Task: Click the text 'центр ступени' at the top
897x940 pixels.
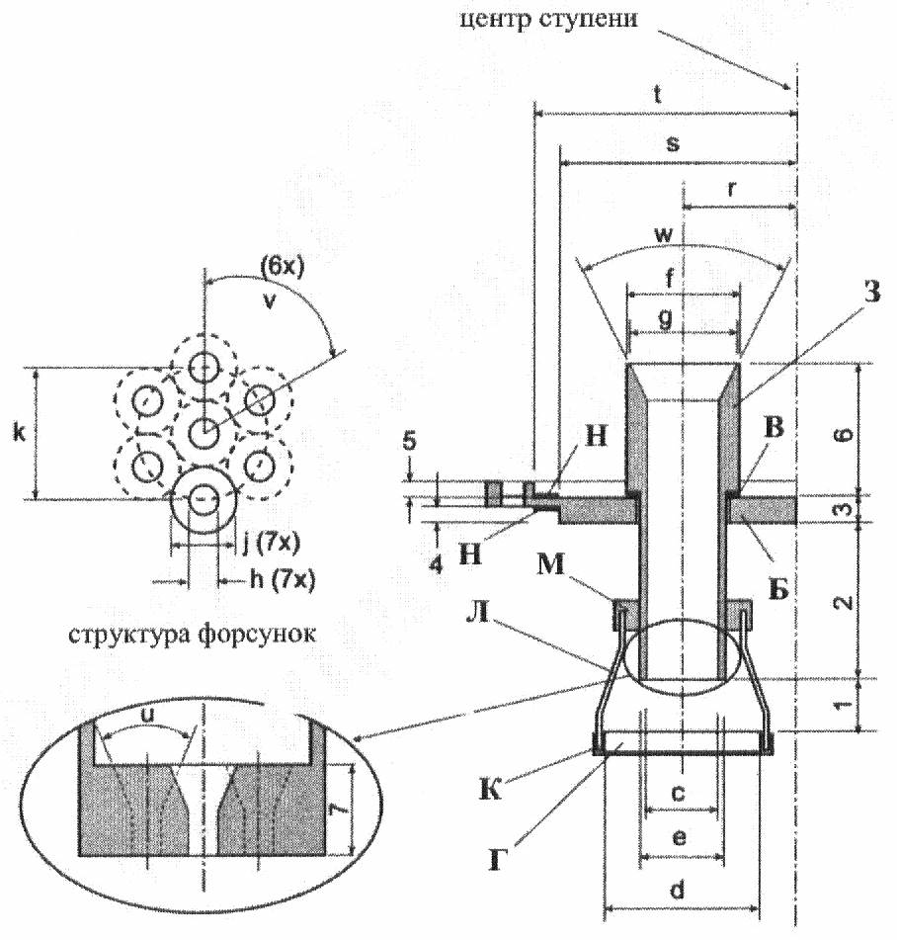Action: point(548,19)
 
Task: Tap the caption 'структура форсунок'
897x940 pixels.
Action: point(192,634)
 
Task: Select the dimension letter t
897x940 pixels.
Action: point(657,95)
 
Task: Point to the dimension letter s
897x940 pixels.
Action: point(673,144)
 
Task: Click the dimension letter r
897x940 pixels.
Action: point(732,189)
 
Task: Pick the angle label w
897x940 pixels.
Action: point(664,234)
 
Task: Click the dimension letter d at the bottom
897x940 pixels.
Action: point(677,890)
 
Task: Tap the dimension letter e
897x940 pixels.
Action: point(679,837)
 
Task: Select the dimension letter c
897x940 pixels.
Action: point(678,793)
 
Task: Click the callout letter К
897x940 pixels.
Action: point(490,790)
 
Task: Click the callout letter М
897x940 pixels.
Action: point(550,564)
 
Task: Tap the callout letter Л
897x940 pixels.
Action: point(479,613)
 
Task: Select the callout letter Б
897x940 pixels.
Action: point(777,591)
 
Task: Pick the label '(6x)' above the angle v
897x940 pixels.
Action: point(282,266)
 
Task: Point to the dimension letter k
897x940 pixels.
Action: point(19,432)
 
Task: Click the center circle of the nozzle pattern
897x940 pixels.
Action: point(204,432)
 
